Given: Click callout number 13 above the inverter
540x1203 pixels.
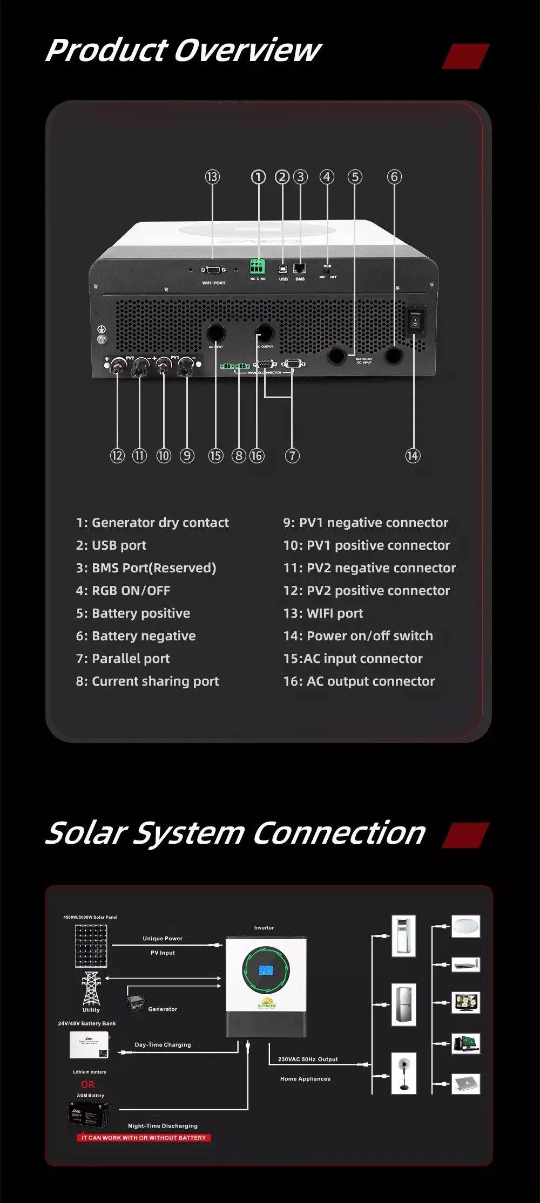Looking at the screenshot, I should coord(212,177).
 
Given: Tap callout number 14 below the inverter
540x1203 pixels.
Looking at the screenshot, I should coord(413,456).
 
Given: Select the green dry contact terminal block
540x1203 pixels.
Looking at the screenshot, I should coord(257,266).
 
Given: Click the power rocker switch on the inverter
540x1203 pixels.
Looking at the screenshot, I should coord(415,319).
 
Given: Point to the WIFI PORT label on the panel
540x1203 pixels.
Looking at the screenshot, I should coord(214,283).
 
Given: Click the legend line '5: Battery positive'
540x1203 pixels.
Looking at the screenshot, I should coord(133,613).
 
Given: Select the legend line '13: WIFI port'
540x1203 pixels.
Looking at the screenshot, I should coord(323,613).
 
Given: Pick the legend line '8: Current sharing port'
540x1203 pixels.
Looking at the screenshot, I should coord(147,681).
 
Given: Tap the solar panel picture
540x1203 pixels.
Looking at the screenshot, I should coord(91,946).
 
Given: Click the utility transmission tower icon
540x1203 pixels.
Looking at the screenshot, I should coord(91,988).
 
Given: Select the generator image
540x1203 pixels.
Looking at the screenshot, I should coord(135,1003).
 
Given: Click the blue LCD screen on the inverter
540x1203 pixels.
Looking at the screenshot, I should coord(266,969).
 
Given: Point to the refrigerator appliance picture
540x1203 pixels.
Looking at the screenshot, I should coord(403,1004).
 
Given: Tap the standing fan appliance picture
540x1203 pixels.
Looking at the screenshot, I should coord(403,1073).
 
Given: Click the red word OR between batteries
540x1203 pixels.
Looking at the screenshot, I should coord(87,1084).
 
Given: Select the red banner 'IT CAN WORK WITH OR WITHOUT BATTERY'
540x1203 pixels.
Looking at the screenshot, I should coord(144,1138).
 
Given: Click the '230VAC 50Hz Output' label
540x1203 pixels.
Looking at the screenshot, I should coord(308,1060).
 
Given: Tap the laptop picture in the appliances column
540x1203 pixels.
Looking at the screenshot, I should coord(465,1083).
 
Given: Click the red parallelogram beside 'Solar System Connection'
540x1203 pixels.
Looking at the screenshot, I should coord(465,835).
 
